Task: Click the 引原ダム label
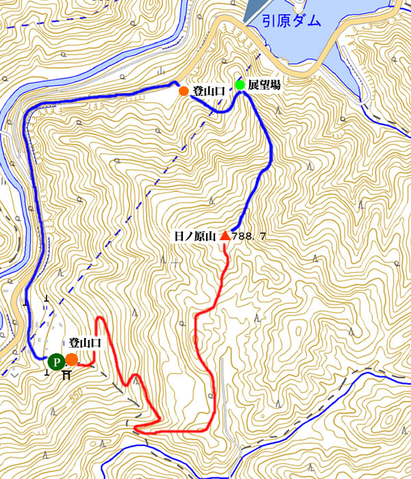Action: pos(292,21)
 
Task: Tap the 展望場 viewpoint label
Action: pos(264,85)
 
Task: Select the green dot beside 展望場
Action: pos(240,85)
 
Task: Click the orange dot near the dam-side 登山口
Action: pos(183,90)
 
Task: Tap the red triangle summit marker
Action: pos(225,237)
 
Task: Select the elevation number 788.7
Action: pos(249,237)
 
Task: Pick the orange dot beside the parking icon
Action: pos(71,359)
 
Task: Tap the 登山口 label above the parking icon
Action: pos(84,344)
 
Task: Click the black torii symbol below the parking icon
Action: pos(66,375)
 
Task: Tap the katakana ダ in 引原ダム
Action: pos(299,21)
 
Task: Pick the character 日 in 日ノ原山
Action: pos(180,237)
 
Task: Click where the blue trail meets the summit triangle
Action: pos(232,231)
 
